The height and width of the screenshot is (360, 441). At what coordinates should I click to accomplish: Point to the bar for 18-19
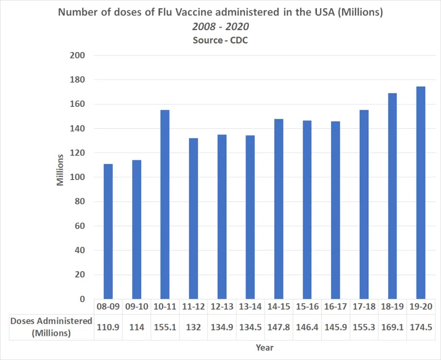point(392,196)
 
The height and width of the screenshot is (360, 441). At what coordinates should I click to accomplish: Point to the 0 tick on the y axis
point(82,299)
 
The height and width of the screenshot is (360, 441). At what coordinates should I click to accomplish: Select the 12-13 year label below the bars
point(222,307)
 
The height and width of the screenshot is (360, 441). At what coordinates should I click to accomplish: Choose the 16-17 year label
point(335,307)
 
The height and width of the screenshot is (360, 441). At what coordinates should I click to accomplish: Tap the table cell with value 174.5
point(421,327)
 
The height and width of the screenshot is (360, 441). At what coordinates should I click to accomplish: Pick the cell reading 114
point(137,327)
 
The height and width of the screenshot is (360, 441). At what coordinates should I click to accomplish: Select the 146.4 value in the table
point(307,327)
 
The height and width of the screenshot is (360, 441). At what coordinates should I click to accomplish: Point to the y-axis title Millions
point(60,170)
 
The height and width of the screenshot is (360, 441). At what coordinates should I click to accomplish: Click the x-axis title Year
point(264,348)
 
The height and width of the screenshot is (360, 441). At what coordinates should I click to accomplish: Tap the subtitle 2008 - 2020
point(220,26)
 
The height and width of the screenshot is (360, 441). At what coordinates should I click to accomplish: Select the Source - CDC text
point(220,40)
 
